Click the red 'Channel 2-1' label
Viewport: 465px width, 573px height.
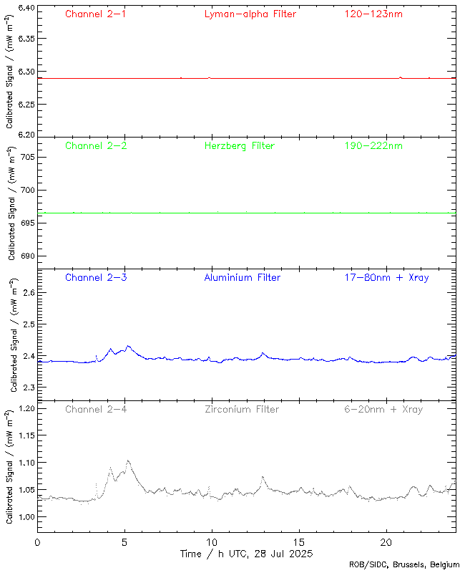pyautogui.click(x=96, y=14)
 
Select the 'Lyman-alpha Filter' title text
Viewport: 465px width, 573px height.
pyautogui.click(x=250, y=14)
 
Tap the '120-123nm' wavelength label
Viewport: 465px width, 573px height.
pyautogui.click(x=373, y=14)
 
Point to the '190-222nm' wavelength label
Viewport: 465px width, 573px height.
pyautogui.click(x=373, y=145)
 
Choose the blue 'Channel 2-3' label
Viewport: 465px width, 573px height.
pyautogui.click(x=96, y=277)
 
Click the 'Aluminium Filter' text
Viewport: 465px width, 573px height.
pyautogui.click(x=243, y=277)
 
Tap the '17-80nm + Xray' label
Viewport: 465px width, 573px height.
pyautogui.click(x=386, y=277)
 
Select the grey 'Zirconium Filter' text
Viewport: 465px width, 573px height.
pyautogui.click(x=242, y=409)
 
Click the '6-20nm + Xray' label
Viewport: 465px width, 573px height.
pyautogui.click(x=383, y=409)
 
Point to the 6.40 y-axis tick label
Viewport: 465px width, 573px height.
pyautogui.click(x=26, y=9)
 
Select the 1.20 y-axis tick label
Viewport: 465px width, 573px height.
pyautogui.click(x=26, y=409)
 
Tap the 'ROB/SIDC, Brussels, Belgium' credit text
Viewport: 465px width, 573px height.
pyautogui.click(x=404, y=565)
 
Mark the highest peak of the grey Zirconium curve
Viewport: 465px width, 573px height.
pyautogui.click(x=128, y=461)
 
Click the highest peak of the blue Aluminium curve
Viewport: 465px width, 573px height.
pyautogui.click(x=128, y=346)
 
